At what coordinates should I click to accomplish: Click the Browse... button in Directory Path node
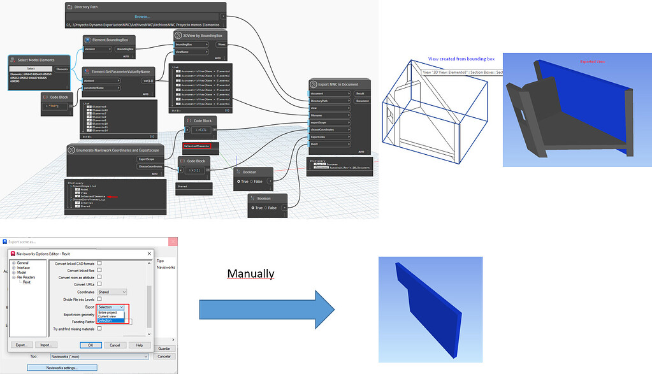click(141, 17)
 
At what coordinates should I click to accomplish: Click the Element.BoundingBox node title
click(112, 40)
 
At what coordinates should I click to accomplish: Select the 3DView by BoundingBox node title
click(201, 35)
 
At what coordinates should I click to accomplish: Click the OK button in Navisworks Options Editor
click(91, 345)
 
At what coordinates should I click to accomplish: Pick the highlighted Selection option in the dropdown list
click(105, 320)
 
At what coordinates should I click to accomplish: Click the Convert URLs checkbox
click(99, 284)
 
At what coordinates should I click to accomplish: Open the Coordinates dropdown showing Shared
click(112, 292)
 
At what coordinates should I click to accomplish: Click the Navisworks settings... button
click(62, 368)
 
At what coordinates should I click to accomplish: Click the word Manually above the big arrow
click(251, 274)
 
